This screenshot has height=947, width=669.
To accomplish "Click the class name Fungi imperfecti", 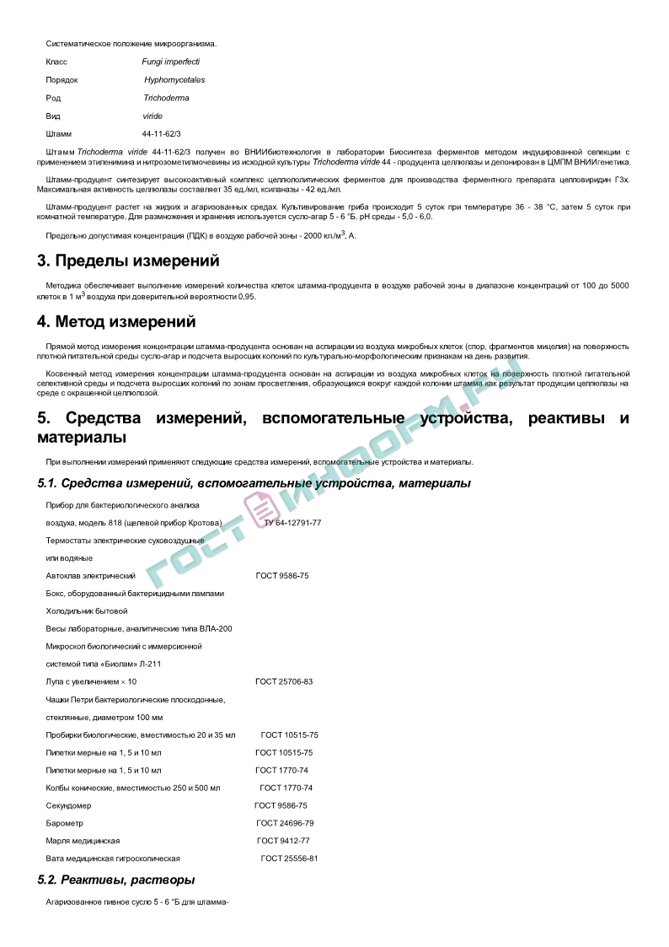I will (x=170, y=62).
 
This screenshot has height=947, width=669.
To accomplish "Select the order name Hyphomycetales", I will (x=174, y=80).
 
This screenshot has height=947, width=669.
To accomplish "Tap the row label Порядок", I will (x=62, y=80).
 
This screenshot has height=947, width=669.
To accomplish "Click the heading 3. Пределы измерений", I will (x=128, y=261).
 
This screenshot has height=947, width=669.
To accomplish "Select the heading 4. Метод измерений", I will (x=116, y=322).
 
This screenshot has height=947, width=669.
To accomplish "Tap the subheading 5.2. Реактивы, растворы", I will (x=116, y=880).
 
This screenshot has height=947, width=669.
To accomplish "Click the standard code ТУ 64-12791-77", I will (x=292, y=523).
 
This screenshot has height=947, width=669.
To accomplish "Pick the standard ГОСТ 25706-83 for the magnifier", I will (x=284, y=681).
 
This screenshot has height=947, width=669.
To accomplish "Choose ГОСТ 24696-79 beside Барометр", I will (x=285, y=823).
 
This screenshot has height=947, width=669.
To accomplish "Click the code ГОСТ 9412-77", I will (x=283, y=841).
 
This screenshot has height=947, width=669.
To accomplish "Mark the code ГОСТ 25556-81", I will (x=289, y=858).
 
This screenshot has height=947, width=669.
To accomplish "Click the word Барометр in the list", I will (x=64, y=823).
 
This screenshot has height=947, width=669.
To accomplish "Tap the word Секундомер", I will (x=70, y=805).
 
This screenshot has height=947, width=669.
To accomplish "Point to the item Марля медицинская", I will (x=83, y=841).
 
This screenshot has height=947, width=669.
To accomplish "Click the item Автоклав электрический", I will (x=90, y=575).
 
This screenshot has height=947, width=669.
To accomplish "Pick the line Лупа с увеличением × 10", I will (x=91, y=681).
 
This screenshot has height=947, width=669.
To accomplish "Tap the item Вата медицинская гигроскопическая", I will (x=113, y=858).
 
